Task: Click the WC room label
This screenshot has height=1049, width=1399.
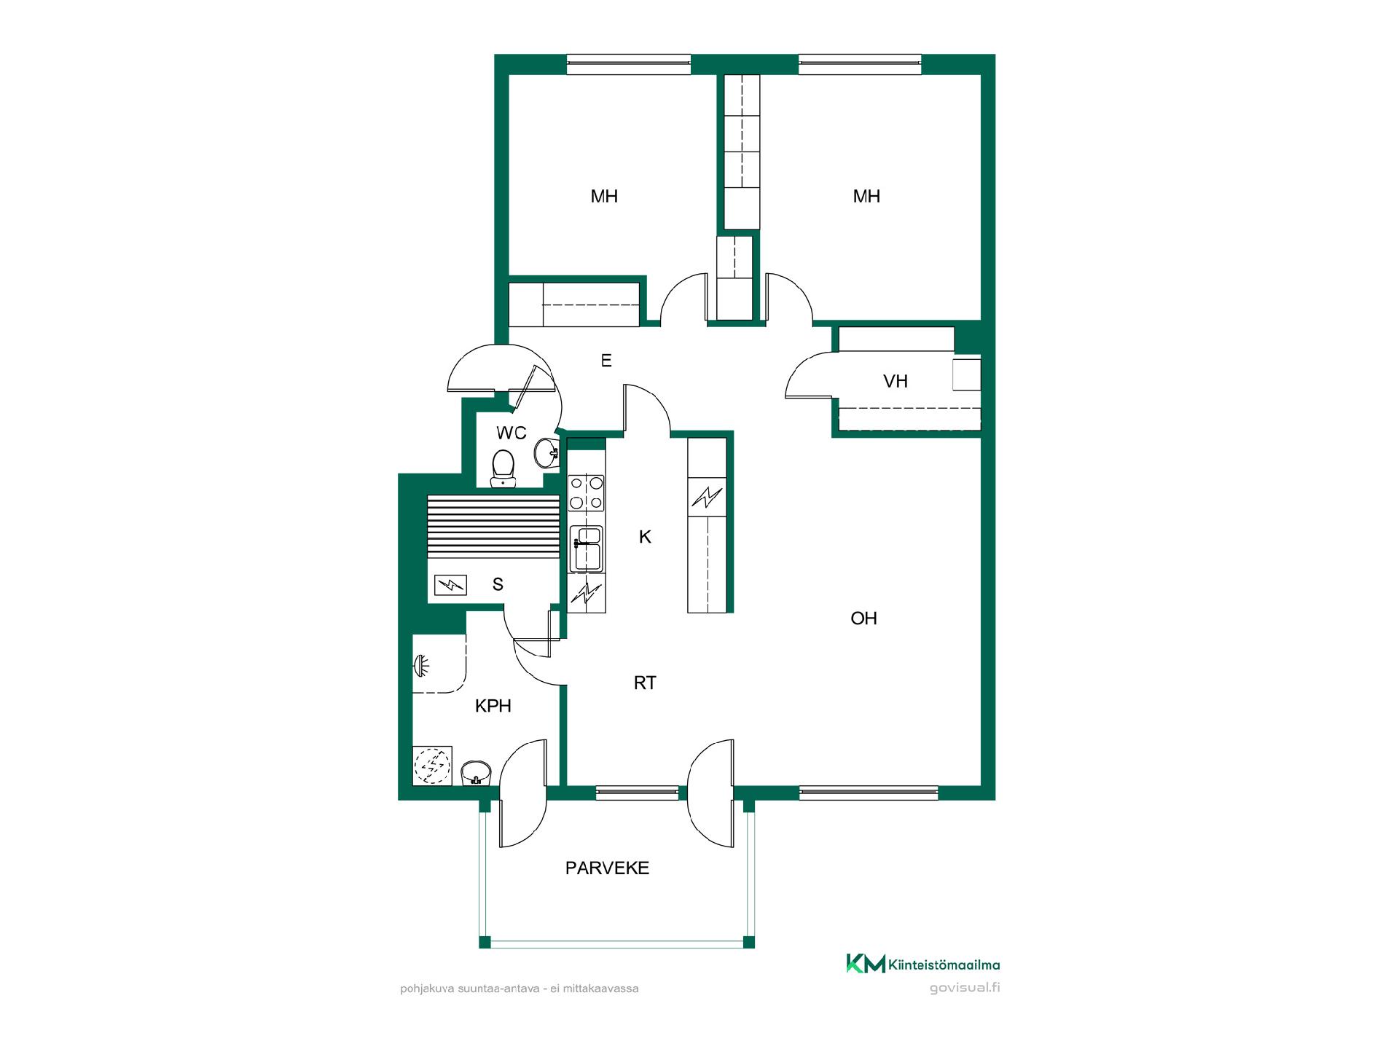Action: click(x=511, y=433)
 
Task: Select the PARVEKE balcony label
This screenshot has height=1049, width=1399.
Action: click(x=607, y=868)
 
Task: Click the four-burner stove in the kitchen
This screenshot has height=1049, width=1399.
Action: click(x=586, y=492)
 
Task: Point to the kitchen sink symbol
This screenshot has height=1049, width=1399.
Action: click(x=586, y=549)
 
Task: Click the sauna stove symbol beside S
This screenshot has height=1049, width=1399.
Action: click(x=450, y=584)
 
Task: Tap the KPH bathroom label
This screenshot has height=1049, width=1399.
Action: click(x=493, y=706)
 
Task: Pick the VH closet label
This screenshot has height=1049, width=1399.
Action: click(x=896, y=381)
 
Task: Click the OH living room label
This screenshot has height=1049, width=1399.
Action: click(x=863, y=618)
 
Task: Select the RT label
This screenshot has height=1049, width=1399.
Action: click(x=645, y=683)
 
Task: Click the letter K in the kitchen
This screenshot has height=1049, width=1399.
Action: click(x=645, y=537)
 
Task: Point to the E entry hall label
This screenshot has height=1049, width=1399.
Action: click(x=606, y=360)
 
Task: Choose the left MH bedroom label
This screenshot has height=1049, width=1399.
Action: click(x=604, y=196)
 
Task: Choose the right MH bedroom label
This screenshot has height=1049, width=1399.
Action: click(x=866, y=196)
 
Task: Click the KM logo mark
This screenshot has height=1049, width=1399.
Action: click(x=866, y=963)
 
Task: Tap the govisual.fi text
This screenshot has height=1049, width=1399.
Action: click(x=965, y=989)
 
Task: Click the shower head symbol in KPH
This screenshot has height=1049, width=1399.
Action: click(x=420, y=664)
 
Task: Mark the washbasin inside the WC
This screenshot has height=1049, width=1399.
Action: click(x=546, y=453)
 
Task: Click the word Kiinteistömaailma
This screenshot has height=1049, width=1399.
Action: click(x=944, y=965)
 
